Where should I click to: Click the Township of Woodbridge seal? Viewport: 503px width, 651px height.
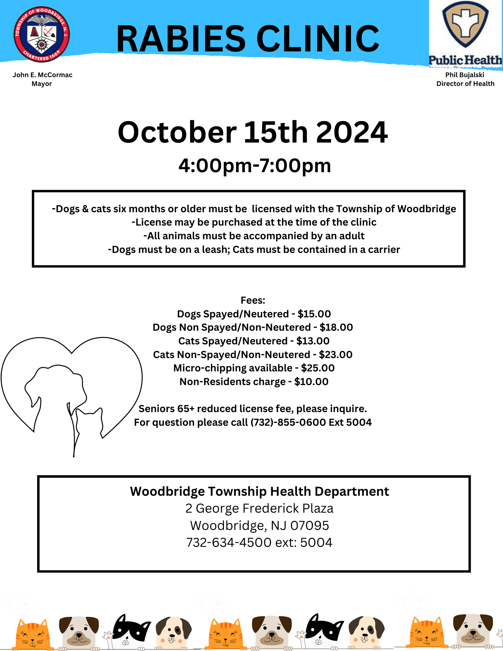(x=41, y=34)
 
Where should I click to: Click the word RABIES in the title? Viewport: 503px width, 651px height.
(x=181, y=39)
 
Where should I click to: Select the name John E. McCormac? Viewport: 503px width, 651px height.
(x=42, y=75)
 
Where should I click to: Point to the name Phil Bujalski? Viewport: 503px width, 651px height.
(x=465, y=75)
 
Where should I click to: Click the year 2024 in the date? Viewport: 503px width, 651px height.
(x=352, y=132)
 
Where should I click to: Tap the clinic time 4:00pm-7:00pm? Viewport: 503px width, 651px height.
(x=255, y=166)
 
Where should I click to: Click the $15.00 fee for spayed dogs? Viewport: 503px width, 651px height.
(x=314, y=314)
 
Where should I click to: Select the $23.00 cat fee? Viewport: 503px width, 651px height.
(x=336, y=354)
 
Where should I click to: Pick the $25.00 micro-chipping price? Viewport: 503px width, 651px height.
(x=318, y=368)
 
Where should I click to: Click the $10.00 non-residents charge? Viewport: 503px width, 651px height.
(x=311, y=381)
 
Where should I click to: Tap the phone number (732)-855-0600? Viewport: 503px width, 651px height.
(x=288, y=422)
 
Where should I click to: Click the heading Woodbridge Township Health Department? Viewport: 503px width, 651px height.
(x=259, y=492)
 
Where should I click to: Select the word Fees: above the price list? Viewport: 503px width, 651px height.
(x=253, y=300)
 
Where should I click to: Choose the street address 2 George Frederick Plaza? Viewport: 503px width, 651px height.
(x=259, y=508)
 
